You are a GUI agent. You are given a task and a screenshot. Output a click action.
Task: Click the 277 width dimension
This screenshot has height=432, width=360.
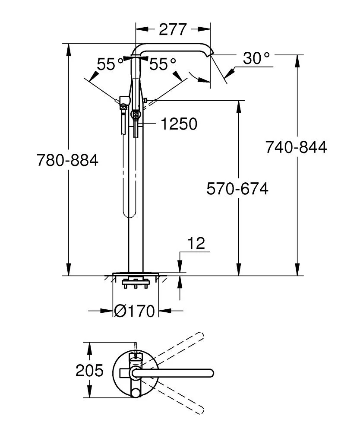tap(173, 29)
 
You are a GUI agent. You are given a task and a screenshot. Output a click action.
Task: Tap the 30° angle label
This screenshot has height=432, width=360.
tap(256, 58)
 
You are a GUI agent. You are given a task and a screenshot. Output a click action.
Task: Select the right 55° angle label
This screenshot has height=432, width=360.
tap(163, 64)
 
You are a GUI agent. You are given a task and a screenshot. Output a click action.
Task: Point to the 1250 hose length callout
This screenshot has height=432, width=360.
tap(179, 124)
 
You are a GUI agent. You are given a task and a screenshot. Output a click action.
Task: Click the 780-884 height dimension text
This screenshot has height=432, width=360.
tap(67, 160)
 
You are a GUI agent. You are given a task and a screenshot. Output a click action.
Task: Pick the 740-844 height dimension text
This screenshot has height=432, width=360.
tap(296, 147)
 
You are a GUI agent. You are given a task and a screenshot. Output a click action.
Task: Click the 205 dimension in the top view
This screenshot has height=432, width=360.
tap(90, 370)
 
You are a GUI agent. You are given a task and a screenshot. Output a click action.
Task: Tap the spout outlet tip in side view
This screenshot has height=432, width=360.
tap(211, 54)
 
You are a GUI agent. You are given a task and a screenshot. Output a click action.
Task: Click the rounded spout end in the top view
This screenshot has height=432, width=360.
tap(210, 372)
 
